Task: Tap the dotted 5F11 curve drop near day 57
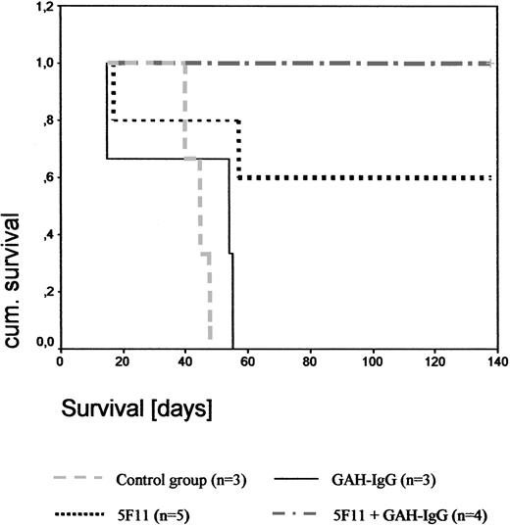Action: (239, 149)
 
